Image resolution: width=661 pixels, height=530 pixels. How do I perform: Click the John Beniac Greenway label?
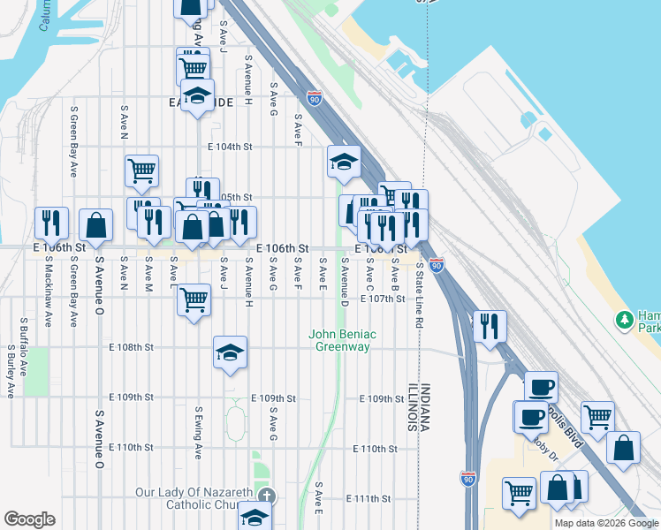point(338,340)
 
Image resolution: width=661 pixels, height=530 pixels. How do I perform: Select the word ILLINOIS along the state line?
point(413,407)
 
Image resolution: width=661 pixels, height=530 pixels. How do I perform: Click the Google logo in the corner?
point(29,519)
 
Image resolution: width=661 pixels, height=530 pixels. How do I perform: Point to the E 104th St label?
point(230,147)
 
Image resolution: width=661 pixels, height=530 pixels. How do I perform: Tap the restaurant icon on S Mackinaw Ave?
point(51,222)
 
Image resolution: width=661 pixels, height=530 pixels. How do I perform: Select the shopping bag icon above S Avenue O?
point(95,225)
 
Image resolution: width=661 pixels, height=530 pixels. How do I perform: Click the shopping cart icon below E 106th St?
point(194,299)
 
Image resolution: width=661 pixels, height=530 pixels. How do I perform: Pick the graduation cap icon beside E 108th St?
point(229,353)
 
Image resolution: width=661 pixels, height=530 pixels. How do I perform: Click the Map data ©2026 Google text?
point(605,523)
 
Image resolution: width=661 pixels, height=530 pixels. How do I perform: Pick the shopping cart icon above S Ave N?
point(141,170)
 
